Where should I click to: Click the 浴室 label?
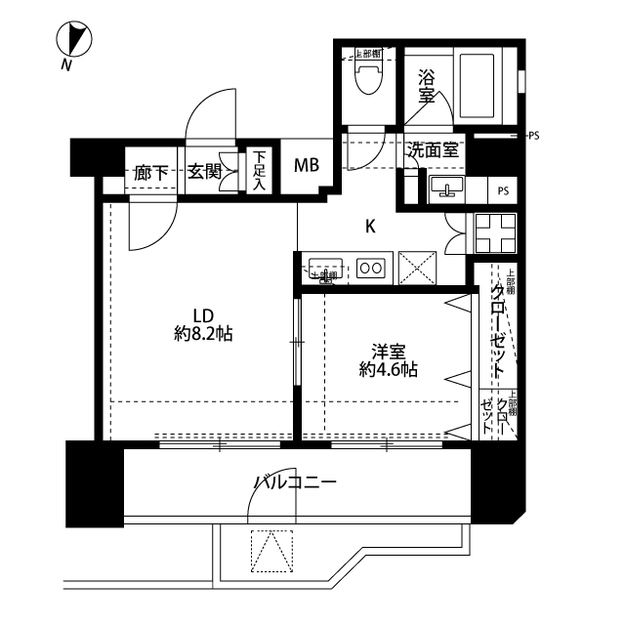click(427, 85)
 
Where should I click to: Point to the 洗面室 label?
click(433, 150)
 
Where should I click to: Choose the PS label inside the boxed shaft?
click(503, 189)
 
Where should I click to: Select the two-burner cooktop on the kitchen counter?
click(371, 267)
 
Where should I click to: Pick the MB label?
click(308, 165)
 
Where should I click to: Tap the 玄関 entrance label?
click(204, 173)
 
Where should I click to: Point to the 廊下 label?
click(151, 173)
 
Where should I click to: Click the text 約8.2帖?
click(203, 334)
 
